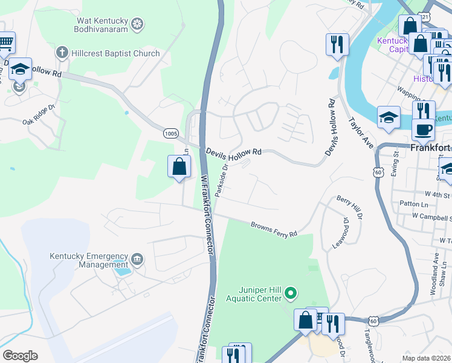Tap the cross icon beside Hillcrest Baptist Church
[x=60, y=53]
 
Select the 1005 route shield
[x=170, y=132]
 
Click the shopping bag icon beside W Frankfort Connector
[x=179, y=166]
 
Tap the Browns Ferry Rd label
[x=274, y=229]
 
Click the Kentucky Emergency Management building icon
[x=137, y=260]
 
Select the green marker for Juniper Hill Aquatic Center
[x=291, y=294]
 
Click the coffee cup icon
[x=423, y=128]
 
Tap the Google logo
[x=20, y=356]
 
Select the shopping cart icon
[x=5, y=42]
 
